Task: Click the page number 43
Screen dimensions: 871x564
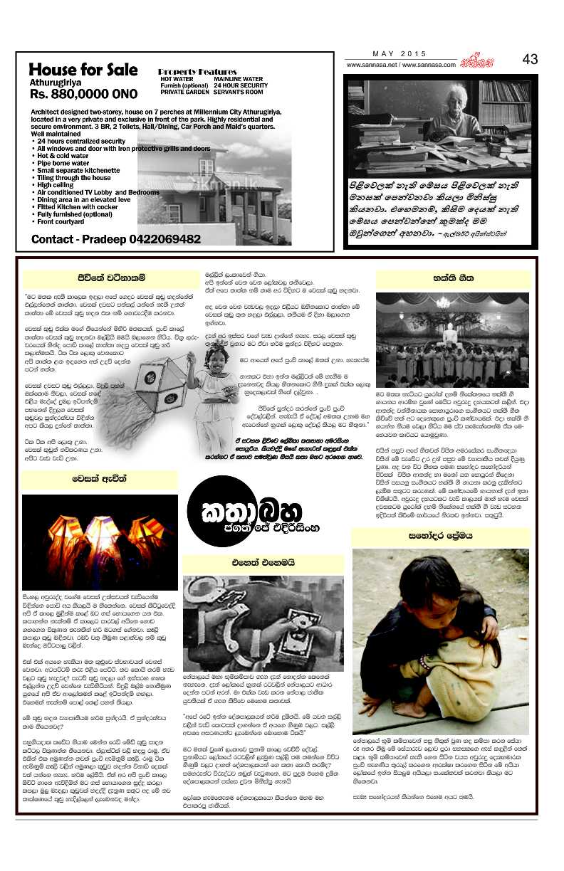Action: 530,60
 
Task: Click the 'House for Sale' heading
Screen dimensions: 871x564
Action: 83,70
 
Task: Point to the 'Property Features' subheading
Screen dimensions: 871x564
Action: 197,72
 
